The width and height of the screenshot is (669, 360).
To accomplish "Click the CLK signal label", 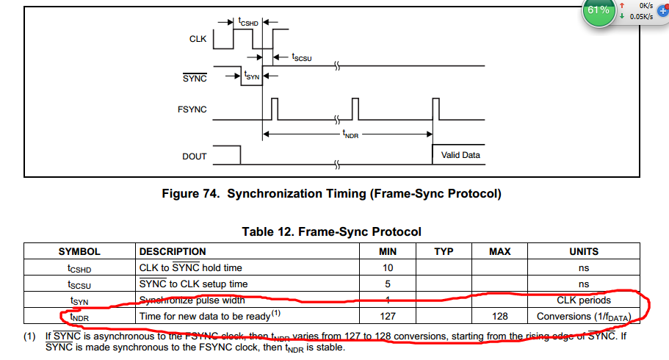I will click(x=198, y=39).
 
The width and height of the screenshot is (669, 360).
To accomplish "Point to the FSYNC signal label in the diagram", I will click(x=192, y=109).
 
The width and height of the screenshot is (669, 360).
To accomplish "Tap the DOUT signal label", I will click(x=195, y=156).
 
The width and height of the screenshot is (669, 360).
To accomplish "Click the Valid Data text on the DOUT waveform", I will click(x=460, y=155).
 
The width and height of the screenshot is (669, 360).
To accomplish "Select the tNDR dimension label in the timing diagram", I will click(x=351, y=134).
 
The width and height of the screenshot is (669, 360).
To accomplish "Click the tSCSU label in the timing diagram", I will click(x=302, y=57).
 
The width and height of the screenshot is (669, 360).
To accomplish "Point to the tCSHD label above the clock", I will click(x=248, y=23).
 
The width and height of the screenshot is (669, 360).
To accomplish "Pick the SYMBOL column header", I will click(x=79, y=251).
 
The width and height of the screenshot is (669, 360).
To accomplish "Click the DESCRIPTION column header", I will click(x=173, y=251).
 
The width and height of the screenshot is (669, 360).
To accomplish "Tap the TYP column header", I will click(x=444, y=251).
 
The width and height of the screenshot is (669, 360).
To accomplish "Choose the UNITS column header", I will click(x=584, y=251).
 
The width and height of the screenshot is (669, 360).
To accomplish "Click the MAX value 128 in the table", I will click(x=499, y=316).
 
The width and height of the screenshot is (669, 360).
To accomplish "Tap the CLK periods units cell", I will click(x=584, y=300).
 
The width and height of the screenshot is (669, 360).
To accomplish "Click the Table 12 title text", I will click(x=332, y=232).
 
